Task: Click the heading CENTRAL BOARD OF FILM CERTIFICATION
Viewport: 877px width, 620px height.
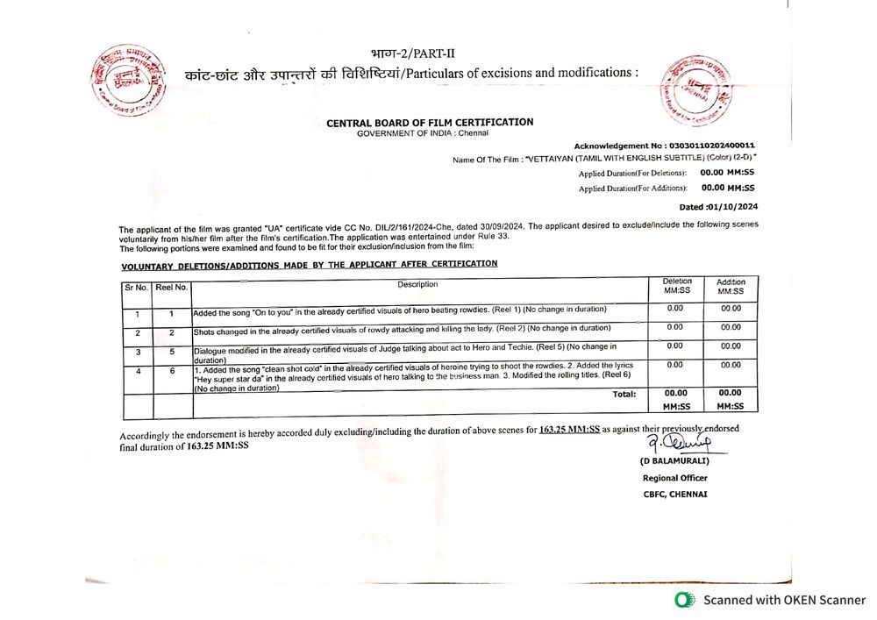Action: (x=430, y=123)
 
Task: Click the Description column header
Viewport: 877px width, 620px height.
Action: (x=417, y=284)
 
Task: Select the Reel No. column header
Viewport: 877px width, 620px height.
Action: (x=172, y=287)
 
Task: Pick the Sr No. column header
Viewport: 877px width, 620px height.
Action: (x=137, y=287)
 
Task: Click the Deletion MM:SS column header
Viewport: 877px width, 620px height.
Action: (x=676, y=286)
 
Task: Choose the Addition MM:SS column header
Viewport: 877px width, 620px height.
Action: (x=731, y=287)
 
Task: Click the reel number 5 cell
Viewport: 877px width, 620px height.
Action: (x=172, y=351)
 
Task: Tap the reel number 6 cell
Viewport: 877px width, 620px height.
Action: (x=172, y=371)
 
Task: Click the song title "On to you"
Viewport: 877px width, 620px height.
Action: (x=277, y=310)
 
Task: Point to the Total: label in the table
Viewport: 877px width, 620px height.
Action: (x=624, y=395)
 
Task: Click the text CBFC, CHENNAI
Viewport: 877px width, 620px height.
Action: (x=674, y=494)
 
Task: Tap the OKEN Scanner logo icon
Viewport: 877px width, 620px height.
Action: (x=684, y=600)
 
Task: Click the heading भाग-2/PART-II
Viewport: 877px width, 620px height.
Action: (x=407, y=53)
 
